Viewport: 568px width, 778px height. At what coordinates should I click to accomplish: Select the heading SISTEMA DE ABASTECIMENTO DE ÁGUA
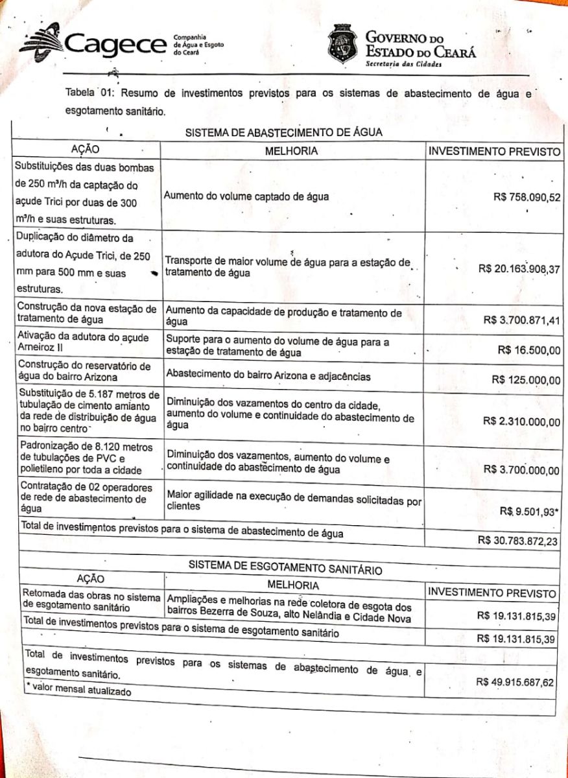(x=284, y=133)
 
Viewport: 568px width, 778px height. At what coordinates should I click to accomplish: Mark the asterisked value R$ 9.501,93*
(x=528, y=512)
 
